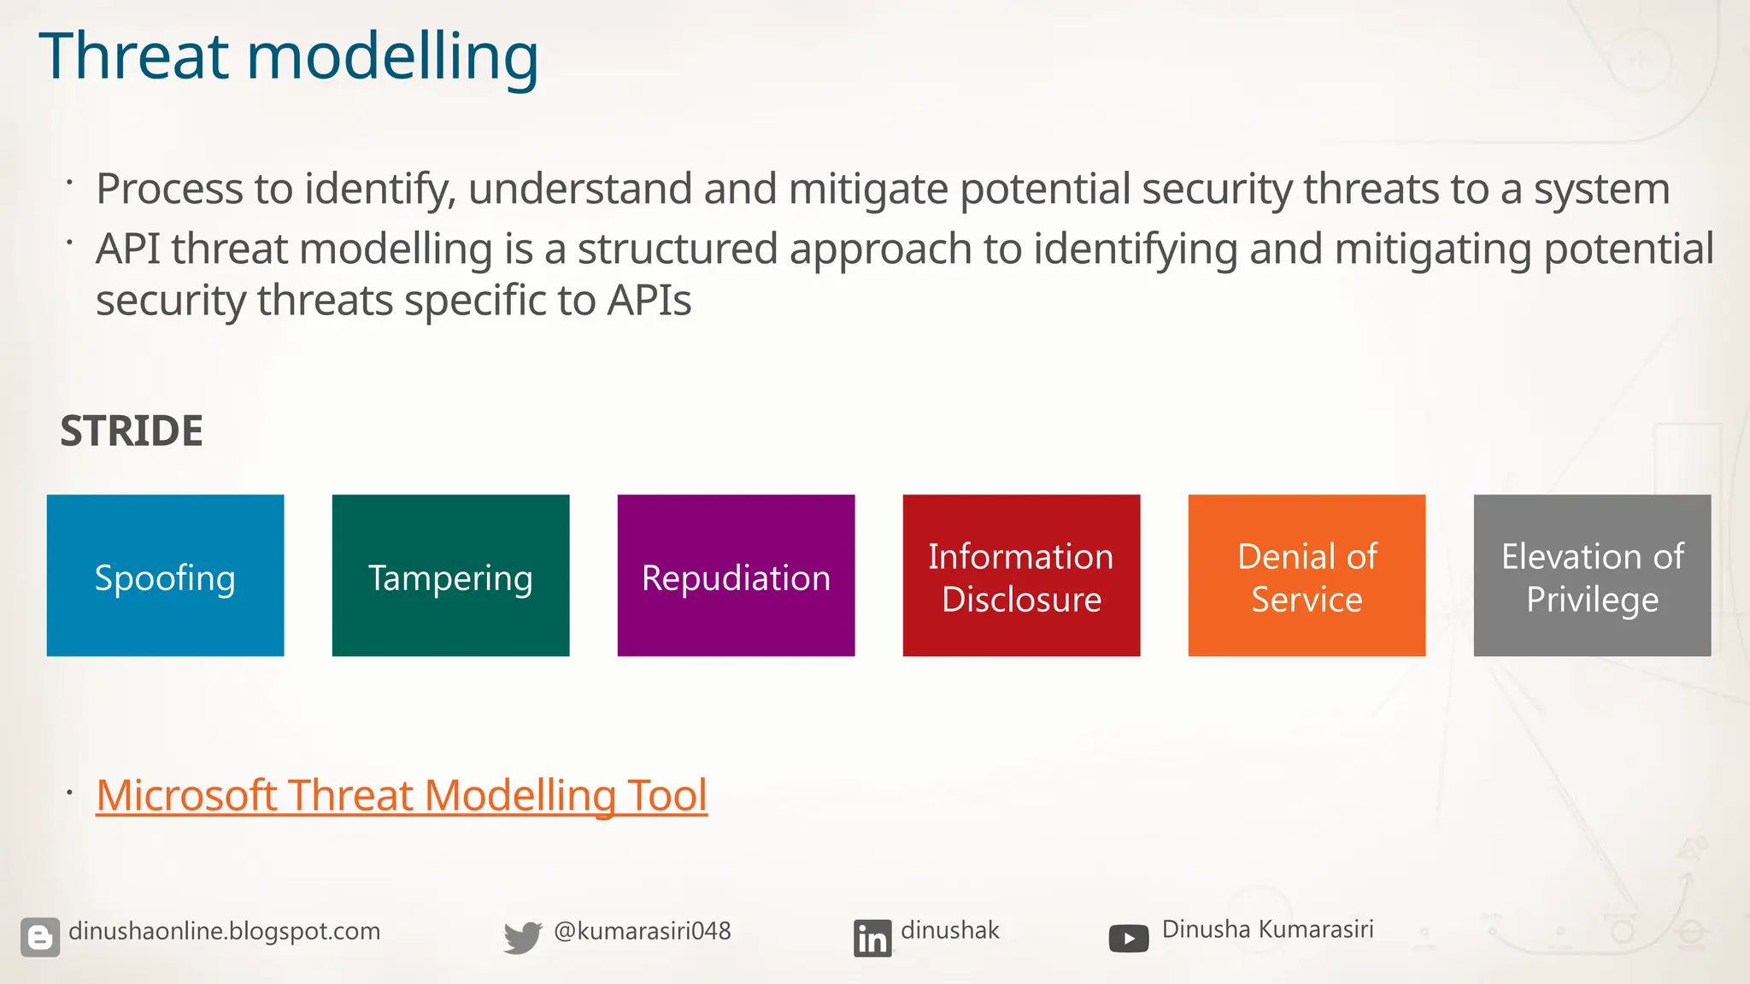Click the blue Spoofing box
tap(165, 576)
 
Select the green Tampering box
tap(450, 576)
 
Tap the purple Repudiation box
tap(736, 576)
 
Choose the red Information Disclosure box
tap(1021, 576)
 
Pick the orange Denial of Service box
tap(1307, 576)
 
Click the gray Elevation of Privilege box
tap(1592, 576)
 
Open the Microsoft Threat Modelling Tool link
tap(401, 795)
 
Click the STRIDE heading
tap(132, 430)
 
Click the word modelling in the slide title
tap(392, 56)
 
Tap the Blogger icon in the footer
tap(40, 937)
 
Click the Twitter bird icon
tap(522, 937)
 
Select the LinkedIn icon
tap(872, 938)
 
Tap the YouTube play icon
tap(1128, 938)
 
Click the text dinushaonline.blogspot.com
tap(224, 931)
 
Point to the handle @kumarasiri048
tap(642, 931)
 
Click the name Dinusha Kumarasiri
tap(1267, 929)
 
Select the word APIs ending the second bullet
tap(649, 301)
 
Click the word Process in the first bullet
tap(169, 189)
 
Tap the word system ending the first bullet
tap(1600, 189)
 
